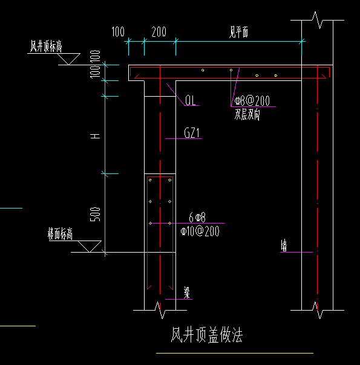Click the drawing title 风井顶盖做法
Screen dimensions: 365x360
click(x=207, y=335)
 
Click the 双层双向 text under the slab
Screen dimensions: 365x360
click(x=247, y=115)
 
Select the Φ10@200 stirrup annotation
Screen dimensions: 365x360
click(x=200, y=231)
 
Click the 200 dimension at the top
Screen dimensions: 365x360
click(x=159, y=31)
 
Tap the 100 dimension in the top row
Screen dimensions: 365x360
click(x=118, y=31)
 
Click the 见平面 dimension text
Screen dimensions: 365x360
click(x=238, y=33)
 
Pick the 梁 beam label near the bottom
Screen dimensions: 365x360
click(x=188, y=292)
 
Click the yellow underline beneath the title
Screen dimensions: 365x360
click(x=234, y=353)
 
